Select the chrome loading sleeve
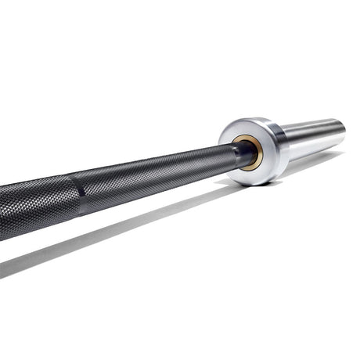pos(313,139)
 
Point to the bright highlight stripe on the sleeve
pos(313,133)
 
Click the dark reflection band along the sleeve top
pos(313,124)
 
